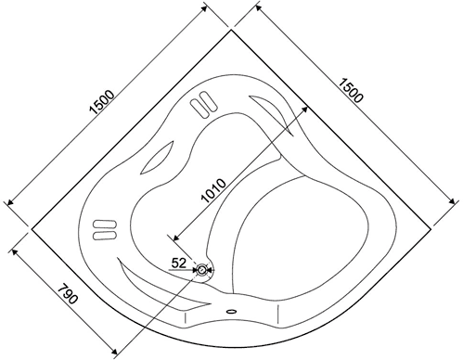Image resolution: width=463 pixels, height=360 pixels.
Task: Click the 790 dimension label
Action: click(x=67, y=293)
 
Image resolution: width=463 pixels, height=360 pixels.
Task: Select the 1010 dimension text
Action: click(x=213, y=190)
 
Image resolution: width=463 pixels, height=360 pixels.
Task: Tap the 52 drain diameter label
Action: click(x=179, y=264)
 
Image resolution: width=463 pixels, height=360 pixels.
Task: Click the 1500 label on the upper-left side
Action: click(x=102, y=102)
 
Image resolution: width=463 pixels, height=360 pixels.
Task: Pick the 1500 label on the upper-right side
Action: click(x=350, y=91)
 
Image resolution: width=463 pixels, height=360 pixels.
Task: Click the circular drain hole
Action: click(x=202, y=270)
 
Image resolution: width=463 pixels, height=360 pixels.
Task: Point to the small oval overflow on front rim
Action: click(x=231, y=311)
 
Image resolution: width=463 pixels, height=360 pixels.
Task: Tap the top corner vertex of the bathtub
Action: click(x=231, y=30)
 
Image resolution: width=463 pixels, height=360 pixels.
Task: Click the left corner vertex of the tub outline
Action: click(x=32, y=229)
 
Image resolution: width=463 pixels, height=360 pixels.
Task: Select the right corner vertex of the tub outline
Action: click(x=431, y=229)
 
